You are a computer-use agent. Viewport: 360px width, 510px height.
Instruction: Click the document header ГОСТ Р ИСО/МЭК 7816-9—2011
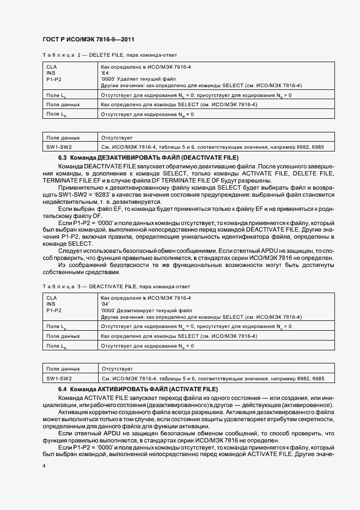coord(88,40)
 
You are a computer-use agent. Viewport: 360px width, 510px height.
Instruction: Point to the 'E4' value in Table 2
coord(105,73)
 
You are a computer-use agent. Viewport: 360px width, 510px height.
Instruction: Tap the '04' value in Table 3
coord(105,304)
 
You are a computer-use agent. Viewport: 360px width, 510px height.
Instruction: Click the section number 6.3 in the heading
coord(62,157)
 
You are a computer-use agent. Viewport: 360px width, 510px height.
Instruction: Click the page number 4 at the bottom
coord(44,466)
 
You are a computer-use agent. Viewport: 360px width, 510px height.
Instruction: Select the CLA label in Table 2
coord(52,66)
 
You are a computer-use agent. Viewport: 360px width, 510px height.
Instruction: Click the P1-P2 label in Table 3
coord(54,310)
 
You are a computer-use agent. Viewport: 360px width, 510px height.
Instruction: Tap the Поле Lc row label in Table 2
coord(57,95)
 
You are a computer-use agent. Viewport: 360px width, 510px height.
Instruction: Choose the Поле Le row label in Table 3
coord(57,345)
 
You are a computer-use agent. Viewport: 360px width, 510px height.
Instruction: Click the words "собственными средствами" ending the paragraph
coord(80,272)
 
